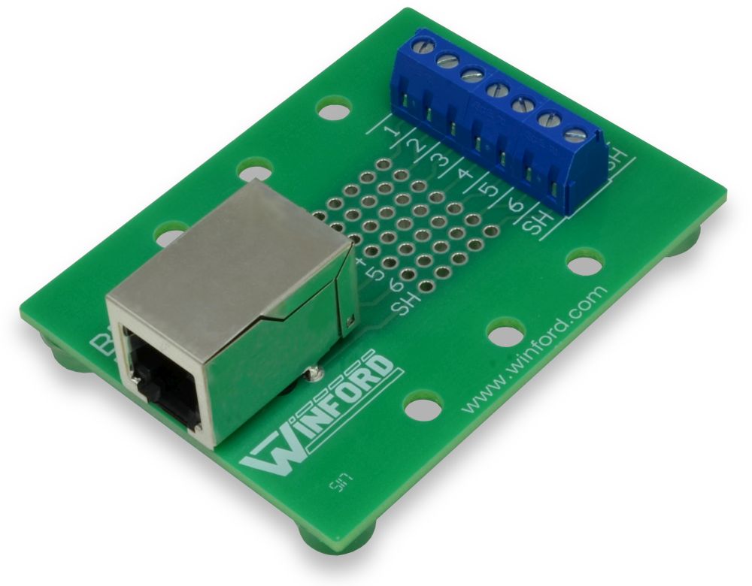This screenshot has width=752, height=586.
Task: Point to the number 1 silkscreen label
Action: click(390, 133)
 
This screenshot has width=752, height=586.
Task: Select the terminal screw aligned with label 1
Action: click(425, 47)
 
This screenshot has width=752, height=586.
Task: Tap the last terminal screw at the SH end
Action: click(575, 135)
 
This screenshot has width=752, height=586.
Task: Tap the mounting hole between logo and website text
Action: click(422, 406)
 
